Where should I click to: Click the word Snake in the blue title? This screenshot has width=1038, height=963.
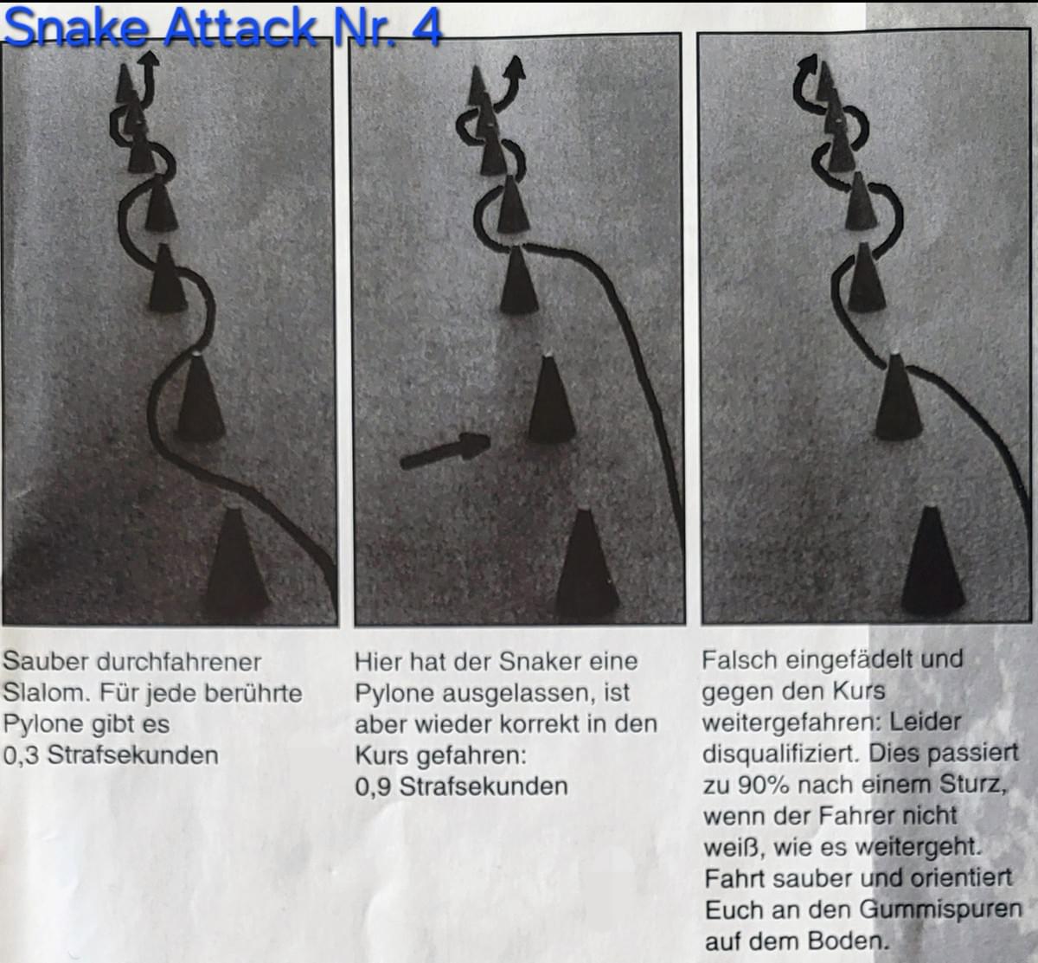pos(76,27)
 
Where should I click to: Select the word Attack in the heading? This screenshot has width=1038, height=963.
pos(241,26)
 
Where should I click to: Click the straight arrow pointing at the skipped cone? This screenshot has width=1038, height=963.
pos(445,451)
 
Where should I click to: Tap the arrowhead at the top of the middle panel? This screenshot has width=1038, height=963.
pos(516,67)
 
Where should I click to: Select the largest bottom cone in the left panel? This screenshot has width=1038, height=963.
pos(235,562)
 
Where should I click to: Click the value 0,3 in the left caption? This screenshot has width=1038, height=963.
pos(21,755)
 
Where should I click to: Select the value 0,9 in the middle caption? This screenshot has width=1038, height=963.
pos(373,786)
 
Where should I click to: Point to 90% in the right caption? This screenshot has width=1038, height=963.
pos(764,785)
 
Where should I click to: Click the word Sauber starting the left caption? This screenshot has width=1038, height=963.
pos(46,662)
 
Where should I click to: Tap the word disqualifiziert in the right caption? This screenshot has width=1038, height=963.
pos(781,754)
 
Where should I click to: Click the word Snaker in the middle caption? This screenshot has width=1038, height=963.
pos(541,661)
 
